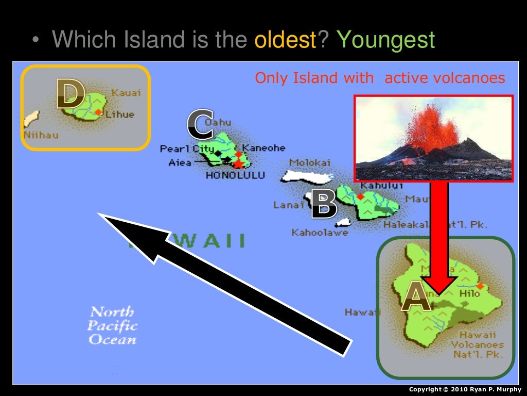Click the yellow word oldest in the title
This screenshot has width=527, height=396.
(285, 40)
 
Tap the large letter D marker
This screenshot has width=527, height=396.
(71, 94)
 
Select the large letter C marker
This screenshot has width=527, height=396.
(200, 125)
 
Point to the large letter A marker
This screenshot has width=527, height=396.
(416, 298)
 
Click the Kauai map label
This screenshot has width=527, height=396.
(126, 93)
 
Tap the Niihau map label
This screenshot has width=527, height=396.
(41, 135)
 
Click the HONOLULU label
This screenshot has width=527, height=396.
(235, 175)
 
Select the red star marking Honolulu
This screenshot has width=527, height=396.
(239, 163)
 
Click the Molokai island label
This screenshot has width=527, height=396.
(309, 162)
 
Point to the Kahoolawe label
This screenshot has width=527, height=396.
(320, 233)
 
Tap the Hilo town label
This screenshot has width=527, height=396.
(469, 293)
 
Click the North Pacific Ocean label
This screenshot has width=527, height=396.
(112, 325)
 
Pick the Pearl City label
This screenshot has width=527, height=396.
(180, 149)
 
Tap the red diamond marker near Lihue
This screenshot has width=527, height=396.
(98, 112)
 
